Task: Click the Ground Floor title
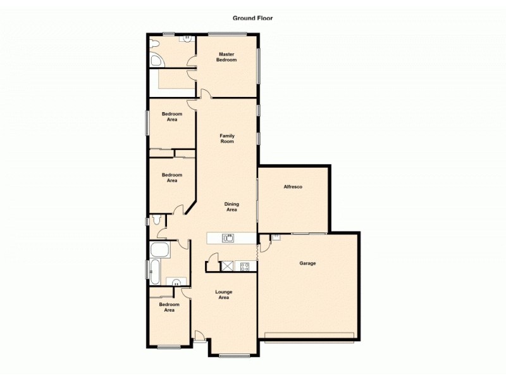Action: click(x=252, y=18)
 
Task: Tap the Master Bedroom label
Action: click(x=226, y=57)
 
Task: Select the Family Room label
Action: click(x=226, y=138)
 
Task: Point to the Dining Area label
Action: click(x=232, y=206)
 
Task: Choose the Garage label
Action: click(x=307, y=263)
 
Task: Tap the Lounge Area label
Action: click(x=223, y=294)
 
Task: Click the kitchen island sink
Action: click(x=228, y=238)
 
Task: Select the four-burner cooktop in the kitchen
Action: click(x=244, y=267)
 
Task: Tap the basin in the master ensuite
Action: click(x=187, y=39)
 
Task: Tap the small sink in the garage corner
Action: click(x=276, y=237)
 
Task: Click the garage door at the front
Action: click(x=309, y=335)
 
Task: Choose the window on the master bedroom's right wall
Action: click(x=259, y=65)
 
